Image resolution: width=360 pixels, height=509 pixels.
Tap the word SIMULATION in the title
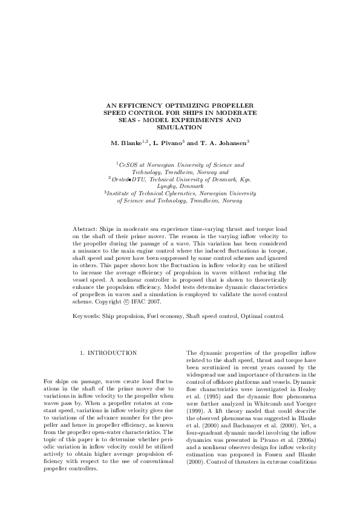[180, 128]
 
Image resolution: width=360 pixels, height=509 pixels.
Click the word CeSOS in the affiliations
[128, 164]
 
